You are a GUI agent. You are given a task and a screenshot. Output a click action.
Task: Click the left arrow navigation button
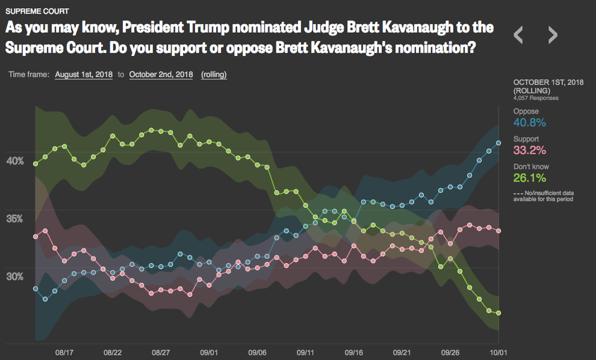(518, 35)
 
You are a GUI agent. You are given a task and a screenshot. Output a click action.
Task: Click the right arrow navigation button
(553, 35)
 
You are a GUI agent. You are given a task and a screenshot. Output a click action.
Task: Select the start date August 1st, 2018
(84, 75)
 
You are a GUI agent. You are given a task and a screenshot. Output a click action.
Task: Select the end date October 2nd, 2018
(161, 75)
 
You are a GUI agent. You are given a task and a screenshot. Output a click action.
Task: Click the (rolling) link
(214, 75)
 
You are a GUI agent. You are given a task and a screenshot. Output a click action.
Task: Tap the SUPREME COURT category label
(37, 11)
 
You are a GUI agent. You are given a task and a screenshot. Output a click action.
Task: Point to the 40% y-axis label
(15, 161)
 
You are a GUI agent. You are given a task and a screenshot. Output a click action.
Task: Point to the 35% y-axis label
(15, 219)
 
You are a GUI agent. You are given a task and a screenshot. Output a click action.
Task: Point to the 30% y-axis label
(15, 277)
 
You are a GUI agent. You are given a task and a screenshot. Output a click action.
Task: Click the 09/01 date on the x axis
(209, 353)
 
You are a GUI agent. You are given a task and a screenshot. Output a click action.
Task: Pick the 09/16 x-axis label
(354, 353)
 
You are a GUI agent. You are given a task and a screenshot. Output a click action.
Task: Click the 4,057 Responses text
(536, 98)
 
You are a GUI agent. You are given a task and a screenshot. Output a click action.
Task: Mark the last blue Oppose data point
(499, 143)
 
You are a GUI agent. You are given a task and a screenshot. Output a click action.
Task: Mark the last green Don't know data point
(499, 313)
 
